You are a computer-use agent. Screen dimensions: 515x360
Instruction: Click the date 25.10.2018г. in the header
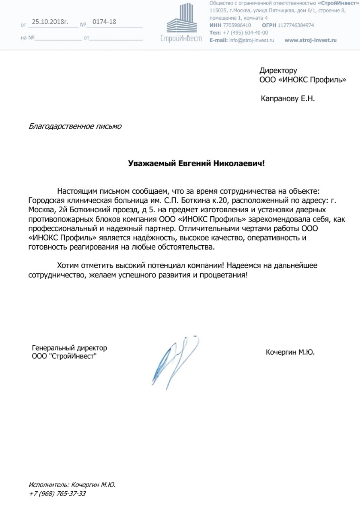tap(50, 22)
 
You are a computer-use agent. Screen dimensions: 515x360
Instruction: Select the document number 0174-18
tap(104, 22)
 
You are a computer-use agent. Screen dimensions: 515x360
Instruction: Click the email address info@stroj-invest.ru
tap(251, 40)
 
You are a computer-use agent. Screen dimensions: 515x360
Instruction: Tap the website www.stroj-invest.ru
tap(310, 40)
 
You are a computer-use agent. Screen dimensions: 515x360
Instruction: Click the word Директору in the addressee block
tap(278, 71)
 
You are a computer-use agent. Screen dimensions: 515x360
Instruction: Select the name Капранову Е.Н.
tap(288, 98)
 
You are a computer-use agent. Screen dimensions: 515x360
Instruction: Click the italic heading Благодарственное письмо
tap(75, 126)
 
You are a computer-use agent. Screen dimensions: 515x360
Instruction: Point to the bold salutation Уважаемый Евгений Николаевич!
tap(197, 164)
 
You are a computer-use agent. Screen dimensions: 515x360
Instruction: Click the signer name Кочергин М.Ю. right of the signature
tap(290, 353)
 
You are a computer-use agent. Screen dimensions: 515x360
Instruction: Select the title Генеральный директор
tap(69, 348)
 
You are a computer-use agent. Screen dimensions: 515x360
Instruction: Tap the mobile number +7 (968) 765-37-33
tap(57, 494)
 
